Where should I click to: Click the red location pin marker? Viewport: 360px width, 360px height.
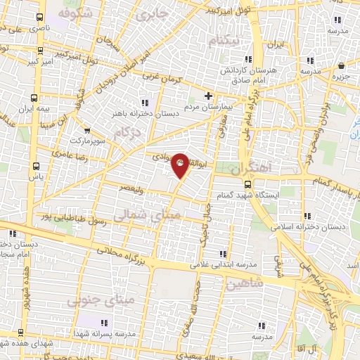tap(180, 165)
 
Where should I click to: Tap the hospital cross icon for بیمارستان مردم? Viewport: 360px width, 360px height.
tap(208, 96)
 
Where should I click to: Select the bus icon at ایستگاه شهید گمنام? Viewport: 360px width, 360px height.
tap(247, 184)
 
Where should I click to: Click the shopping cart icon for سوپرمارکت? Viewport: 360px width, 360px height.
tap(87, 130)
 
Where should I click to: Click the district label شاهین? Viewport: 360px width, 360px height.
tap(245, 283)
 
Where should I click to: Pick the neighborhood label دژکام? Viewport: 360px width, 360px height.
tap(131, 131)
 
